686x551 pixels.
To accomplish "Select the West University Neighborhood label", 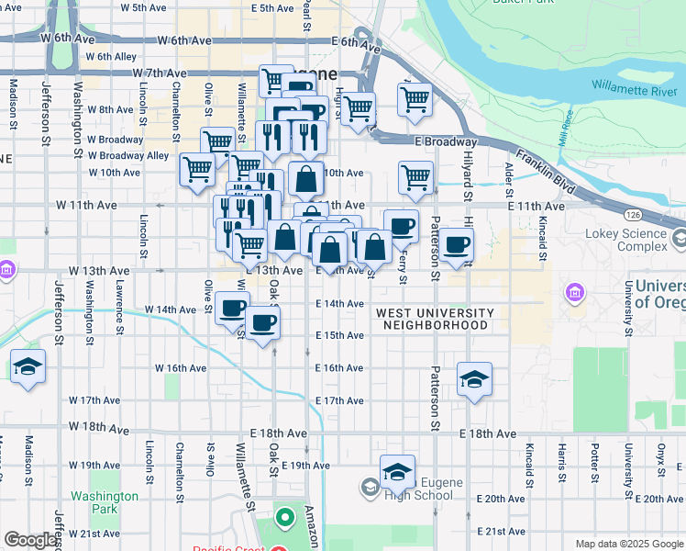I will coord(435,320).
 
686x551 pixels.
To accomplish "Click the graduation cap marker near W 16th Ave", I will coord(28,367).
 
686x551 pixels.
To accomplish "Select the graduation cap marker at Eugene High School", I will coord(397,472).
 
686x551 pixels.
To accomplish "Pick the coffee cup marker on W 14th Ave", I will coord(233,307).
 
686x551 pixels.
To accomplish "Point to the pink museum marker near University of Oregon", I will coord(575,293).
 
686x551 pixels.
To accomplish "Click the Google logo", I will coord(30,541).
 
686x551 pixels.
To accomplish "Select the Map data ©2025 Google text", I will coord(629,544).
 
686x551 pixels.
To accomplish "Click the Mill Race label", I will coord(560,129).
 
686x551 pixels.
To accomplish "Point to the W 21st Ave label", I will coord(94,534).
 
